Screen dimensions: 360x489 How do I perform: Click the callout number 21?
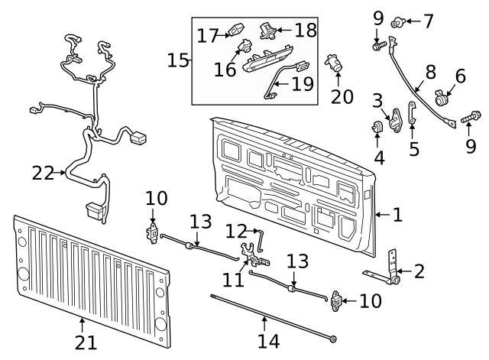click(x=86, y=342)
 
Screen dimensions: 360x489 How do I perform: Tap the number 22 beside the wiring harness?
click(x=44, y=174)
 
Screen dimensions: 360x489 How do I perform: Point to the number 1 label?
click(x=397, y=215)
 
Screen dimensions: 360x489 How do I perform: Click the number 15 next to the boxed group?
click(x=178, y=60)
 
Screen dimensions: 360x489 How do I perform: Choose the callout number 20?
click(x=342, y=96)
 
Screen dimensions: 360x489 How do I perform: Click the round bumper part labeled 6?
click(x=441, y=99)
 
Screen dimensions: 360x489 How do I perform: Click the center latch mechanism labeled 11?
click(x=250, y=254)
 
